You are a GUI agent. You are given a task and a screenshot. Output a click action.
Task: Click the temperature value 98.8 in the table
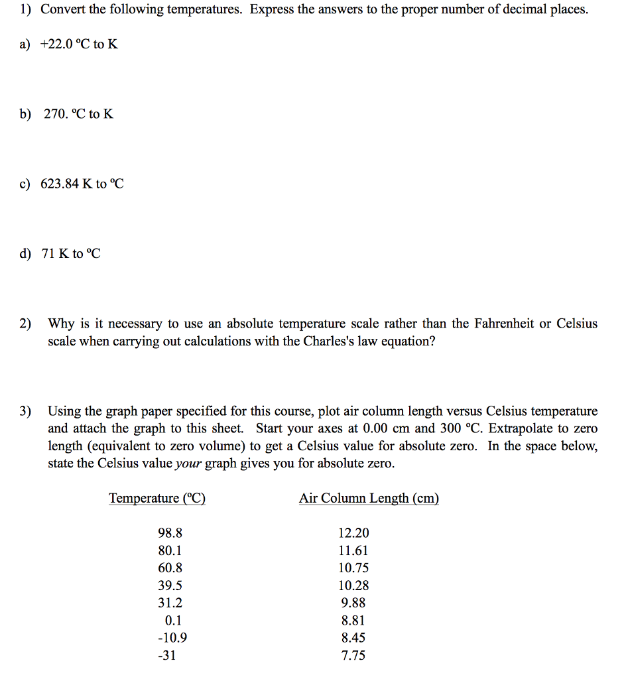[170, 533]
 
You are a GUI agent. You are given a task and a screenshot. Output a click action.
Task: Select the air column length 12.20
[353, 533]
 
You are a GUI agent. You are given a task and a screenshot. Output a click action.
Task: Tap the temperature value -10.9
[172, 638]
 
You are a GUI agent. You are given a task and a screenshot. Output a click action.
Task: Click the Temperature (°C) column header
[157, 498]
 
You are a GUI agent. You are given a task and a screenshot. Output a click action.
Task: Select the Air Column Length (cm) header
[369, 498]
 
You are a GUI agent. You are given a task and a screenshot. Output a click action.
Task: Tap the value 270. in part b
[56, 114]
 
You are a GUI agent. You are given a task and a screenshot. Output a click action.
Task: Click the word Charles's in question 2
[342, 341]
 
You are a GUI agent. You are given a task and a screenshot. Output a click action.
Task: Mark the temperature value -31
[167, 656]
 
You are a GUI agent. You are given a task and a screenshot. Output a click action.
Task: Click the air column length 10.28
[353, 586]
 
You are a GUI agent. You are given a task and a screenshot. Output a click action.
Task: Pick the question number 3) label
[25, 411]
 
